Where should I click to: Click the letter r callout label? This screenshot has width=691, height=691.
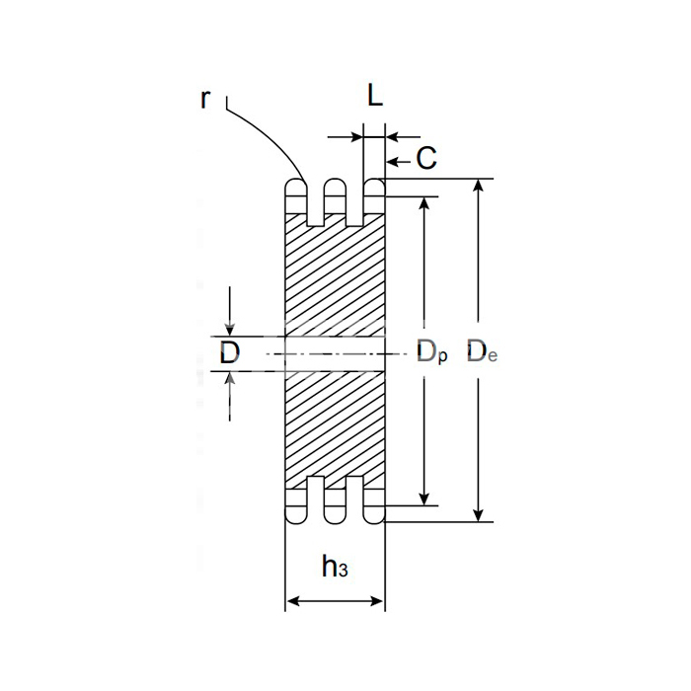(205, 99)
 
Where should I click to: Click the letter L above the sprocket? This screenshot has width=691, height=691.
(375, 95)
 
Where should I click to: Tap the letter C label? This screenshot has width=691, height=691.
(426, 158)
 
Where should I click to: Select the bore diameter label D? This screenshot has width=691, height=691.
(230, 352)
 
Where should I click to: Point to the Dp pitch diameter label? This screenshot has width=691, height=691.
(432, 352)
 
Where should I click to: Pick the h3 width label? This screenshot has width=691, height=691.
(335, 567)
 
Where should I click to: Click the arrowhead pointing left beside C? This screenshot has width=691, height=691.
(393, 162)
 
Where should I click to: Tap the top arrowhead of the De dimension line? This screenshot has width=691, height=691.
(478, 186)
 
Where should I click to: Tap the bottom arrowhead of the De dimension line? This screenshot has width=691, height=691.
(478, 515)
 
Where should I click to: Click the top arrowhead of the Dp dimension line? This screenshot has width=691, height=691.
(423, 203)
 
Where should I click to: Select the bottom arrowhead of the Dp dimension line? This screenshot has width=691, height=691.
(423, 499)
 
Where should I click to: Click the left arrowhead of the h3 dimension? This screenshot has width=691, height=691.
(293, 601)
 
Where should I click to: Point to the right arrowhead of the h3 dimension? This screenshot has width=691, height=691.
(377, 601)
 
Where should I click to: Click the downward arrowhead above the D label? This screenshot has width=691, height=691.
(230, 330)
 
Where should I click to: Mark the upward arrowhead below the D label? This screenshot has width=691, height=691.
(230, 378)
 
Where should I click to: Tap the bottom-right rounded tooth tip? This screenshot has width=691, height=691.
(374, 514)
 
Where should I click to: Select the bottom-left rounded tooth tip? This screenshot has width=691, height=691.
(296, 514)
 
